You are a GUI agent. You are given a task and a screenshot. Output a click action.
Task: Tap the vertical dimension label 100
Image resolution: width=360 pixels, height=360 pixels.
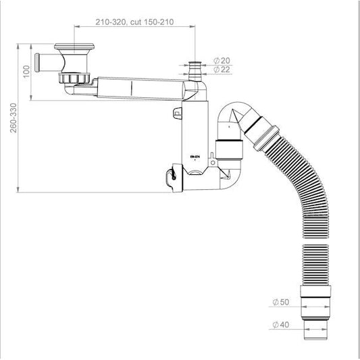coord(26,71)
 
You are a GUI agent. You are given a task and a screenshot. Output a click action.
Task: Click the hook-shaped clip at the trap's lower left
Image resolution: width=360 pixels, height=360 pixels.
coord(170,178)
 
